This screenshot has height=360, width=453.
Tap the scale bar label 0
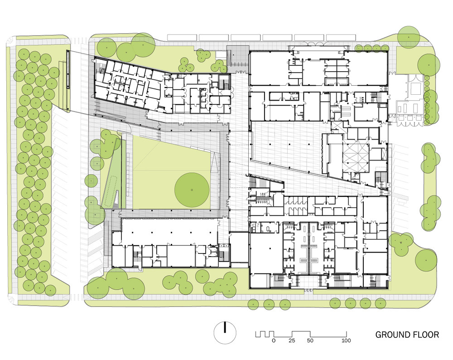[x=274, y=341]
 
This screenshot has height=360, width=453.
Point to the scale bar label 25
[x=292, y=341]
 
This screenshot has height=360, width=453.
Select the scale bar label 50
[x=310, y=341]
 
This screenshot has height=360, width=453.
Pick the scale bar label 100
[x=346, y=341]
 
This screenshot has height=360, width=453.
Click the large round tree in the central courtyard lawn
[x=192, y=190]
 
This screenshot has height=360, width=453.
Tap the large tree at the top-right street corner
[x=408, y=37]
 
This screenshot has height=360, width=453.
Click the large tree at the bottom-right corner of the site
[x=425, y=259]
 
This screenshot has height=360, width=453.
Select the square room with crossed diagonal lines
[x=356, y=158]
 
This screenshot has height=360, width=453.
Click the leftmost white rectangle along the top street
[x=182, y=37]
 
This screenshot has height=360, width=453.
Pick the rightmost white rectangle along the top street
[x=341, y=37]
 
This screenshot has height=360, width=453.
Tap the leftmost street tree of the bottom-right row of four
[x=335, y=303]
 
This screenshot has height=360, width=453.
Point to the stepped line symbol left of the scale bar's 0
[x=264, y=334]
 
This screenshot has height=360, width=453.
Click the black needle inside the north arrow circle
[x=225, y=327]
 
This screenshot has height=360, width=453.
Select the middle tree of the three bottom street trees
[x=269, y=304]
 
